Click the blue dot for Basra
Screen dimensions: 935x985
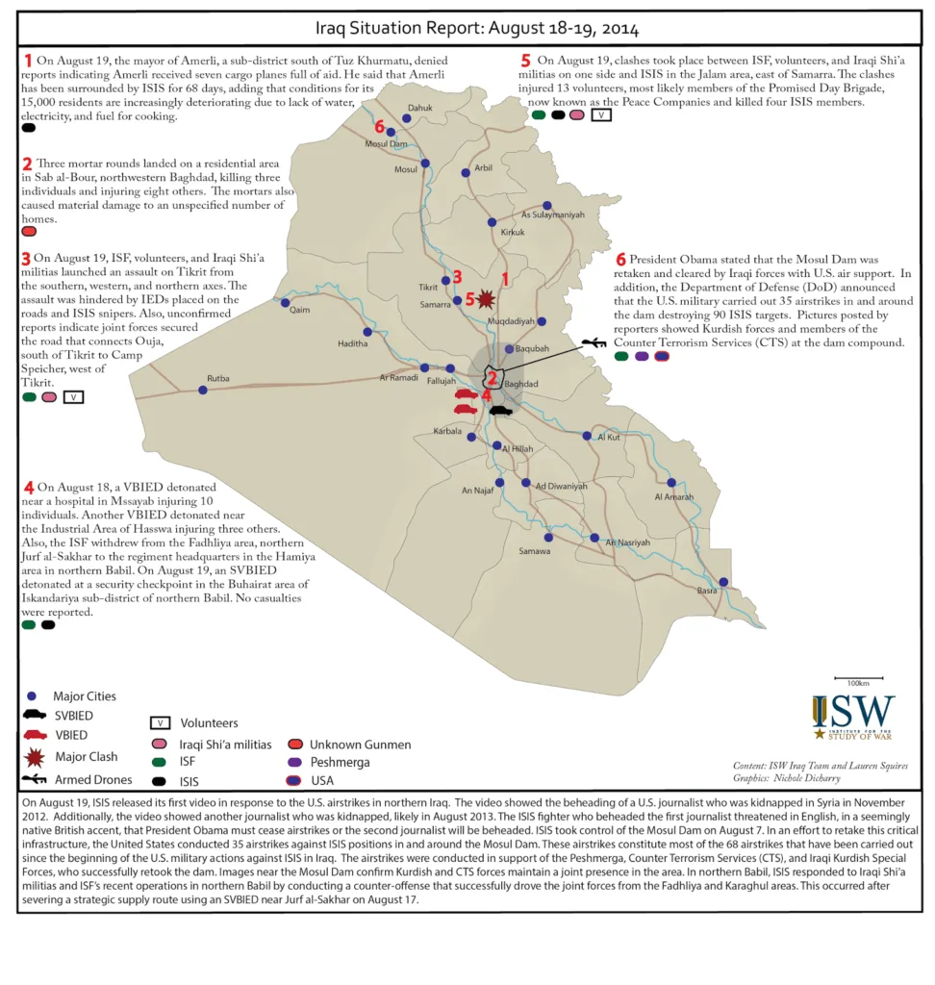pos(723,582)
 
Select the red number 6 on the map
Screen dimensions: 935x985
pos(380,127)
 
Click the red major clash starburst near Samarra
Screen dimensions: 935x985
pos(487,298)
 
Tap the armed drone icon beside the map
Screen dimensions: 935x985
pos(594,341)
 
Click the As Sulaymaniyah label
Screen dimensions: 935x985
pos(553,215)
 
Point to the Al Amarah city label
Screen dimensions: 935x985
pos(673,497)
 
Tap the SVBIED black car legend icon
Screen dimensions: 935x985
pos(35,715)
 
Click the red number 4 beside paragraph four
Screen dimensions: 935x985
pos(29,487)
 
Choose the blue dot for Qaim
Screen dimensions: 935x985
pos(285,302)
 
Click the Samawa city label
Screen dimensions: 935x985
pos(535,551)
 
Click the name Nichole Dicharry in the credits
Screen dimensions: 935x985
pos(803,777)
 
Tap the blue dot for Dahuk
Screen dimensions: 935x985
pos(407,119)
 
